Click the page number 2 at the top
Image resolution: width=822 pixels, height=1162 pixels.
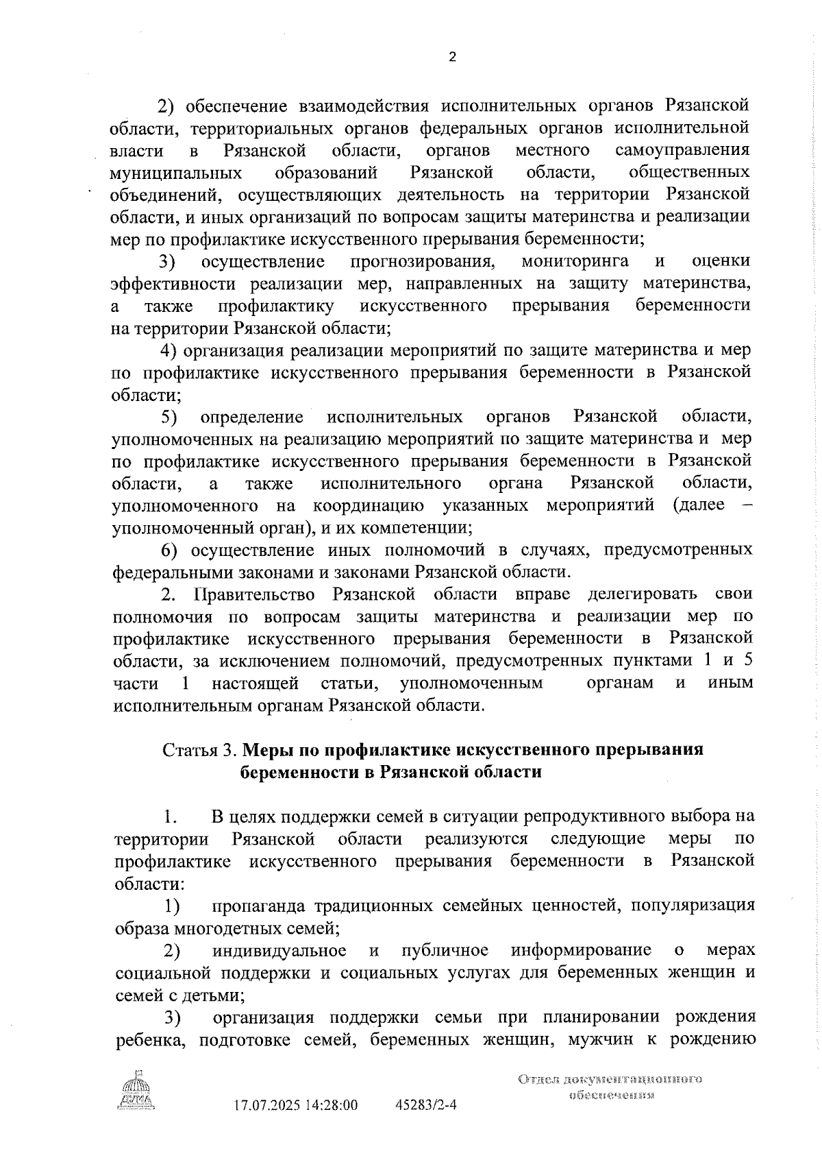(451, 58)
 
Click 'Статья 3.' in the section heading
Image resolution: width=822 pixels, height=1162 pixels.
(200, 749)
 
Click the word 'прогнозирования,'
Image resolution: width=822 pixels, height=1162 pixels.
(423, 261)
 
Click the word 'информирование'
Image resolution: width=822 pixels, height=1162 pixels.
(581, 950)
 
